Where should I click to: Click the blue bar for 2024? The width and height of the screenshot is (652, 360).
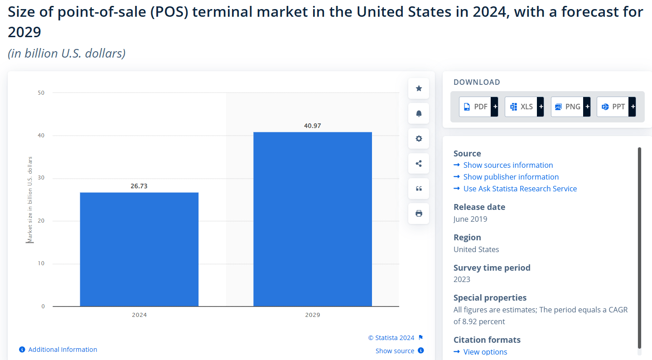[139, 249]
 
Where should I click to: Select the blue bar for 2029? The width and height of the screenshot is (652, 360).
[313, 219]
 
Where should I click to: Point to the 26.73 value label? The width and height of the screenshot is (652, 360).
[139, 186]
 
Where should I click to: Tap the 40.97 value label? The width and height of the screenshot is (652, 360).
[313, 126]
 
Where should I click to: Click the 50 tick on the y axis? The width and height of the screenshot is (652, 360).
[41, 93]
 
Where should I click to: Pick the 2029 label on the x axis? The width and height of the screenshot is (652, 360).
[313, 315]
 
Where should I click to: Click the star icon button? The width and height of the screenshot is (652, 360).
[419, 88]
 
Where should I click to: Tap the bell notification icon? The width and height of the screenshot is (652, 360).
[419, 113]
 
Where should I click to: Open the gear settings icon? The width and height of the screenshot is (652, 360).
[419, 138]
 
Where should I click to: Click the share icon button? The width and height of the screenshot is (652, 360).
[419, 163]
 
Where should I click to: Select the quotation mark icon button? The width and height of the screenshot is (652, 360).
[419, 189]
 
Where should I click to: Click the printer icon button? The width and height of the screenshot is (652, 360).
[419, 214]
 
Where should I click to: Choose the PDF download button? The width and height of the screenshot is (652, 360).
[478, 107]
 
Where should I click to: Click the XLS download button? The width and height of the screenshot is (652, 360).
[524, 107]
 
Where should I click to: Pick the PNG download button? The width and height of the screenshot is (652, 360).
[570, 107]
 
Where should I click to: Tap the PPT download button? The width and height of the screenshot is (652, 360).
[616, 107]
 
